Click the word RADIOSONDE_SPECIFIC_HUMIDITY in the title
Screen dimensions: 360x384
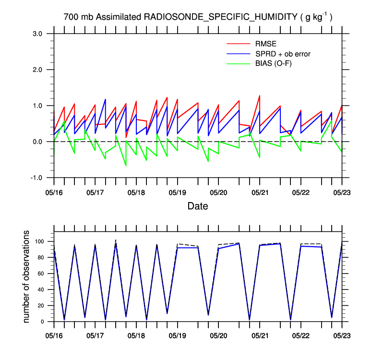pos(220,17)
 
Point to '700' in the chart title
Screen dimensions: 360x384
pos(71,17)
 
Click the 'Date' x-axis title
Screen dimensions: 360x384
pos(198,206)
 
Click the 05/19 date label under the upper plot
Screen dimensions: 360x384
pos(177,192)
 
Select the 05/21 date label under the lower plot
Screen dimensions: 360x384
pos(260,332)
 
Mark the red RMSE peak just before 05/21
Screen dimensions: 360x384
pos(260,96)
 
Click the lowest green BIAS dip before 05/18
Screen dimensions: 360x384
pos(126,166)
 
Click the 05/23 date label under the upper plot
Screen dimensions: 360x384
pos(342,192)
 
